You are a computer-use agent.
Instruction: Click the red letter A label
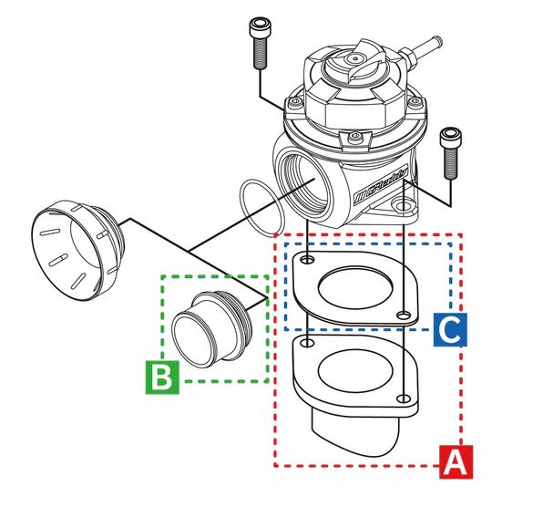tap(456, 462)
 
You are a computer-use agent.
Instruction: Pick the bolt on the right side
tap(449, 153)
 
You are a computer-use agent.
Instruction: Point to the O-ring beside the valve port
tap(261, 209)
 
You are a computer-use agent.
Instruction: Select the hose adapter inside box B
tap(214, 326)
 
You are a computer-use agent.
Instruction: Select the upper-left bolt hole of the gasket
tap(308, 262)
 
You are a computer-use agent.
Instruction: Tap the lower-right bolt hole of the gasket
tap(402, 315)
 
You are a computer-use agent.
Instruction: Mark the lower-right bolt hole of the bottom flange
tap(402, 397)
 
